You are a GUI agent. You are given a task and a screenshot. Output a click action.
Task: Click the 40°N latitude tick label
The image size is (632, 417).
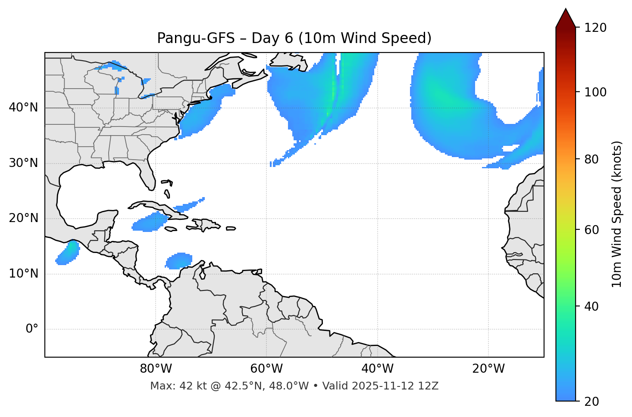[x=23, y=108]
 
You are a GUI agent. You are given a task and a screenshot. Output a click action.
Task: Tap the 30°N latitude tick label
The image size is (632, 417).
[x=23, y=163]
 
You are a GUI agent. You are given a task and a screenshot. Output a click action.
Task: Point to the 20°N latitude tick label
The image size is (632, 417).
[x=23, y=218]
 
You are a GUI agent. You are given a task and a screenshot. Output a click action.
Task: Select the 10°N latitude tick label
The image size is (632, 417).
[x=23, y=274]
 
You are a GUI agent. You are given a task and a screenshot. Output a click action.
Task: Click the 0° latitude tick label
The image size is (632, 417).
[x=32, y=329]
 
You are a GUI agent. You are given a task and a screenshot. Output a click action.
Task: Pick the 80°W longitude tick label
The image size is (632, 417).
[x=156, y=369]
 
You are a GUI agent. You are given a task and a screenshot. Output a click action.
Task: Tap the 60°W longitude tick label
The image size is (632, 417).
[x=266, y=369]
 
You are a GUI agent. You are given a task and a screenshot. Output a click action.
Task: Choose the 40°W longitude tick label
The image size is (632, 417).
[x=377, y=369]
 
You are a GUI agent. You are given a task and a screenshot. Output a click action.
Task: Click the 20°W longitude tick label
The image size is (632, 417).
[x=488, y=369]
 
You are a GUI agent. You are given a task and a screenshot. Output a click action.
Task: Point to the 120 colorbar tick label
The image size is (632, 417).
[x=595, y=28]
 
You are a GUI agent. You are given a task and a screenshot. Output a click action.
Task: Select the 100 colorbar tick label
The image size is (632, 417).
[x=595, y=92]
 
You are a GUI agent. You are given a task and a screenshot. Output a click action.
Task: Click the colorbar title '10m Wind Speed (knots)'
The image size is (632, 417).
[x=617, y=214]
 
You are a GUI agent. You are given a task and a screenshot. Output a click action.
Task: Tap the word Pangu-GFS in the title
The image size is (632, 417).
[x=196, y=38]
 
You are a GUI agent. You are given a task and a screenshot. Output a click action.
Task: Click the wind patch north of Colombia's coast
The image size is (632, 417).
[x=178, y=261]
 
